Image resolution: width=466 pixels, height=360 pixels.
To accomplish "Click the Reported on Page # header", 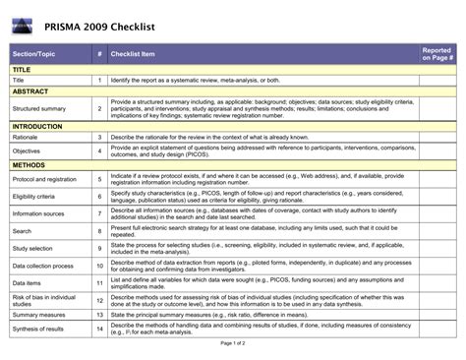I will (x=437, y=53).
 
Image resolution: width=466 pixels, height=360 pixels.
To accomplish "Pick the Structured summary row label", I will (x=39, y=108).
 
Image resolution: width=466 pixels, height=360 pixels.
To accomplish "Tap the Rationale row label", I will (x=27, y=138).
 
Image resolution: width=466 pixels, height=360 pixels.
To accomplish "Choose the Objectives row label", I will (x=27, y=151).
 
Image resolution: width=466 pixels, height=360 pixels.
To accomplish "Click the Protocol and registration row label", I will (x=43, y=179).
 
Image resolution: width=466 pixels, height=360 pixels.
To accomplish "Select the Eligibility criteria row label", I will (x=33, y=197).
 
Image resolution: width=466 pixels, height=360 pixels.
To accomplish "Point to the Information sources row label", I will (x=38, y=213).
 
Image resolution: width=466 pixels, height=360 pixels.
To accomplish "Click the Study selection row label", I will (x=32, y=248).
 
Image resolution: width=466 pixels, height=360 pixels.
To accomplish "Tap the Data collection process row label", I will (x=42, y=266).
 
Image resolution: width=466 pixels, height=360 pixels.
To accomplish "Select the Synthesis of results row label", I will (x=37, y=329).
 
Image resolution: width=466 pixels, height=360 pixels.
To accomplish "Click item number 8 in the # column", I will (x=99, y=231).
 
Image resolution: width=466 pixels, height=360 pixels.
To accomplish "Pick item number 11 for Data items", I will (x=99, y=282).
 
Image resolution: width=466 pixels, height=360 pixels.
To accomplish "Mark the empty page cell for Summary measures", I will (x=437, y=314).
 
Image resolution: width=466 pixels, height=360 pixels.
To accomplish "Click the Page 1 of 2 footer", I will (x=233, y=343).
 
